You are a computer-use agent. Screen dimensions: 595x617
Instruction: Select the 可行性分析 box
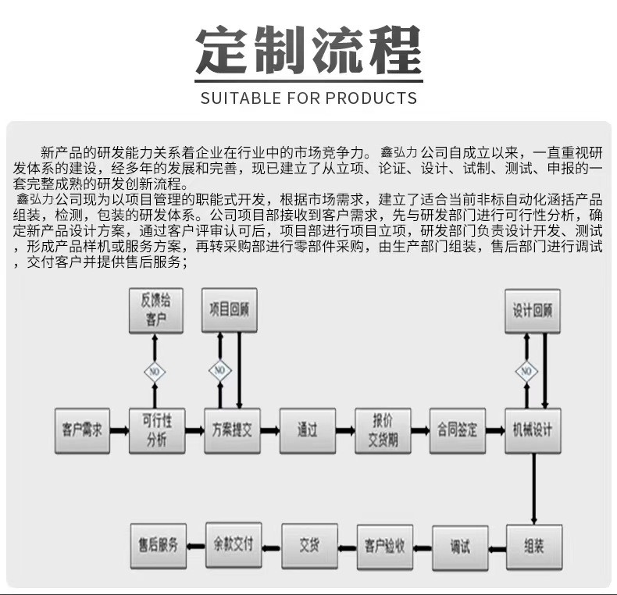(157, 429)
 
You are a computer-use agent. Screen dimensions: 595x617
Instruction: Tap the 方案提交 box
(232, 429)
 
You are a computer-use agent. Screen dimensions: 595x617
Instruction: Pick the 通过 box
(307, 429)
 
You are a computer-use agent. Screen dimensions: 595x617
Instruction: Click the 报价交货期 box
(383, 429)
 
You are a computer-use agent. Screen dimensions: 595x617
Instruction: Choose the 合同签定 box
(458, 429)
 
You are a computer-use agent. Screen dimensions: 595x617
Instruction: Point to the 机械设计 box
(533, 429)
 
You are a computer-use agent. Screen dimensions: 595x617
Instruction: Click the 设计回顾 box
(533, 310)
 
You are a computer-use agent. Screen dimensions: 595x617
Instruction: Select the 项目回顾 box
(230, 310)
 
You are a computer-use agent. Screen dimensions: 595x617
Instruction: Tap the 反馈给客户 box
(156, 311)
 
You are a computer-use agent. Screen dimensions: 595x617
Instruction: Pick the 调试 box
(460, 545)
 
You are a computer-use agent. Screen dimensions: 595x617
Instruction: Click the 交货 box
(308, 544)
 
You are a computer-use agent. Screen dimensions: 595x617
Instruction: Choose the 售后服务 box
(158, 544)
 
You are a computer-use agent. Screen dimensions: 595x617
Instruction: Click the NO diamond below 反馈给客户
(155, 370)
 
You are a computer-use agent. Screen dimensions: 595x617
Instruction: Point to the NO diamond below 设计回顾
(526, 370)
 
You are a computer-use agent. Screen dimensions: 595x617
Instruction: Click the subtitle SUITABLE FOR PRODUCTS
(308, 98)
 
